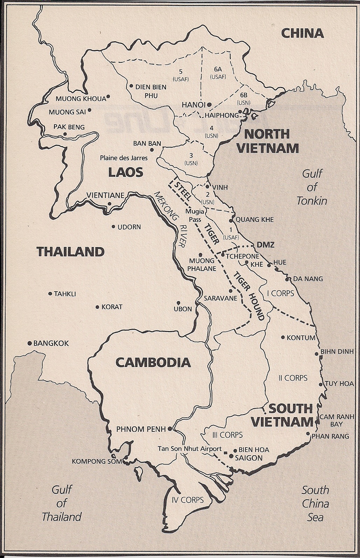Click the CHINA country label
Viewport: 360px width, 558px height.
302,33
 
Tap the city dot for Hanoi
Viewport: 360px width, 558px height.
209,104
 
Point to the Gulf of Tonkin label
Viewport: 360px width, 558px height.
312,187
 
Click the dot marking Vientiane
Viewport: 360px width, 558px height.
110,204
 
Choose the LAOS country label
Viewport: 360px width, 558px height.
125,172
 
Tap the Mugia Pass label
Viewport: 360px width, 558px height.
195,216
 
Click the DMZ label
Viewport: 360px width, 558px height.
265,245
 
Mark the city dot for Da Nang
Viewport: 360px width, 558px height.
287,279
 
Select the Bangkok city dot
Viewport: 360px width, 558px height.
30,343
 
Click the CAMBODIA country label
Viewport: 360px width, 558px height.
153,362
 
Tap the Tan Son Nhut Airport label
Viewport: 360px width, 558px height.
189,449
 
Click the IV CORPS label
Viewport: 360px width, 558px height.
187,500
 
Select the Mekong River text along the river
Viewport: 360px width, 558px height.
172,220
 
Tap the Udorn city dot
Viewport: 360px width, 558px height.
113,227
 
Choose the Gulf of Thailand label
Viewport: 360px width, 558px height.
62,503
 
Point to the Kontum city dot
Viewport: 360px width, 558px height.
283,337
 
